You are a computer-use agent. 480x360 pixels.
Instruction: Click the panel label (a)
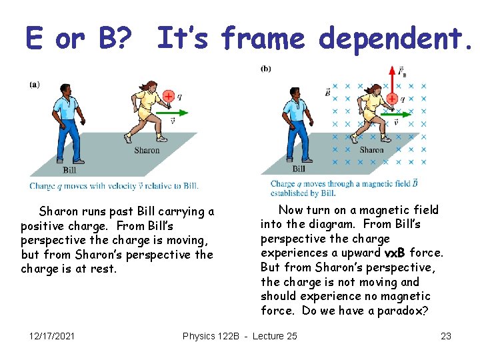point(34,85)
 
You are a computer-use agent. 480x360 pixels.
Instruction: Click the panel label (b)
point(265,69)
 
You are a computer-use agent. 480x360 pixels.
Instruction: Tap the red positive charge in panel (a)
point(168,97)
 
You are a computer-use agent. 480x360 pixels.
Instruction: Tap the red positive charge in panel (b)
point(393,99)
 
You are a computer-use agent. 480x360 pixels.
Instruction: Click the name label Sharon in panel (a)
point(147,150)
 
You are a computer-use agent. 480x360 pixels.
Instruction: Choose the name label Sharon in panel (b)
point(371,150)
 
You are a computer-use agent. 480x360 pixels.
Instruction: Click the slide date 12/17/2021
point(52,336)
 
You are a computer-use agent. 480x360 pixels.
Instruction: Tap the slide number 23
point(446,336)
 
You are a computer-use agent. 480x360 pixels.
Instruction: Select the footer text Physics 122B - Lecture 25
point(240,336)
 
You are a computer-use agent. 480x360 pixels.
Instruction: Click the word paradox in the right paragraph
point(405,311)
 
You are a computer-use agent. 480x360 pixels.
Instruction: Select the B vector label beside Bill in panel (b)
point(327,92)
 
